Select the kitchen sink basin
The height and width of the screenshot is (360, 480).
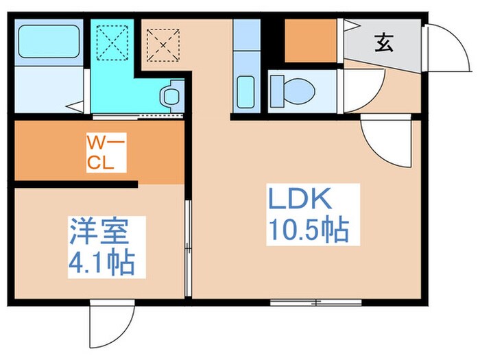point(245,93)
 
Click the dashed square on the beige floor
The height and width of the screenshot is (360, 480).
point(163,44)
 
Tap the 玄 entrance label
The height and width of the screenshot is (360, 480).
point(383,45)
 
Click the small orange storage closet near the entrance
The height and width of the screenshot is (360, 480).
point(310,42)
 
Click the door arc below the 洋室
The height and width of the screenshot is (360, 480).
point(109,322)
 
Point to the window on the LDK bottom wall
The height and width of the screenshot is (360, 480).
point(316,302)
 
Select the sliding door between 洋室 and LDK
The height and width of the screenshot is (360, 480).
point(188,248)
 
